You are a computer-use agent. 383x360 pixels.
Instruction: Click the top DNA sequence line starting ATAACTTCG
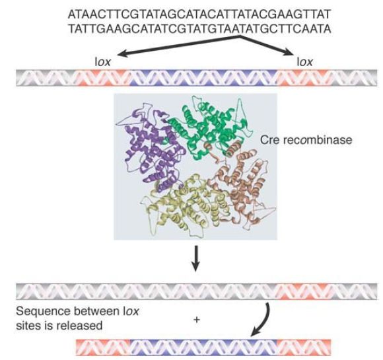199,15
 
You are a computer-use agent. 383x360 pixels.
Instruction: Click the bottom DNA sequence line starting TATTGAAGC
199,29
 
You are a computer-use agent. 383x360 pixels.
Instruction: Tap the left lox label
102,62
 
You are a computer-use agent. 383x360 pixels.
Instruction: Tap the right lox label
304,62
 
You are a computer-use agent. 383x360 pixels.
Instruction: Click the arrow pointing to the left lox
178,46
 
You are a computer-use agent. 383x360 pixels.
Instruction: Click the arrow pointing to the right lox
266,46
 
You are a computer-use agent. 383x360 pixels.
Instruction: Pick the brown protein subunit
242,181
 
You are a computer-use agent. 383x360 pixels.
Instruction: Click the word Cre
269,140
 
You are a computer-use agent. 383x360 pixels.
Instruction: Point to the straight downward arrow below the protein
195,258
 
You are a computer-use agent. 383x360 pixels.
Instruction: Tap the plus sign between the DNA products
196,320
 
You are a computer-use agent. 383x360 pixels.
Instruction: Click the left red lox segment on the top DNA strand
102,78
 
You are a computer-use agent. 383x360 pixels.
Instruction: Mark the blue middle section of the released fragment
203,347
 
